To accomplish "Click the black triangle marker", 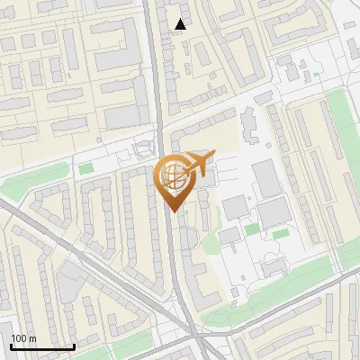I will click(180, 24).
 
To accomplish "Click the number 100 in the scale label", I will click(18, 338).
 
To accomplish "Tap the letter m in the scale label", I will click(32, 338).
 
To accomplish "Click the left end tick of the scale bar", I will click(11, 345).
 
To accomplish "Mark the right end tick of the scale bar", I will click(74, 345).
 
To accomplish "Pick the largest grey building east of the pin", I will click(268, 179).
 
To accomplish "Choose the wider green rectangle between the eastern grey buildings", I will click(281, 234).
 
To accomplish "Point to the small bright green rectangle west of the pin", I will click(86, 167).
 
